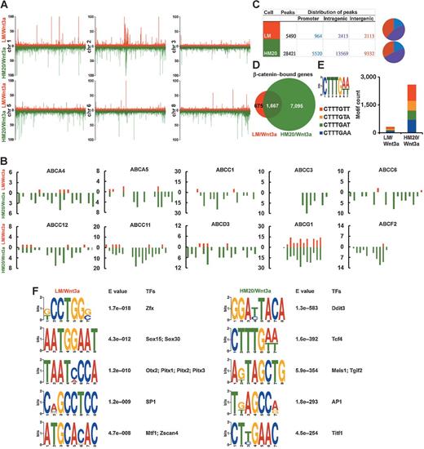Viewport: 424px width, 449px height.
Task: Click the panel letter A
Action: coord(5,5)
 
